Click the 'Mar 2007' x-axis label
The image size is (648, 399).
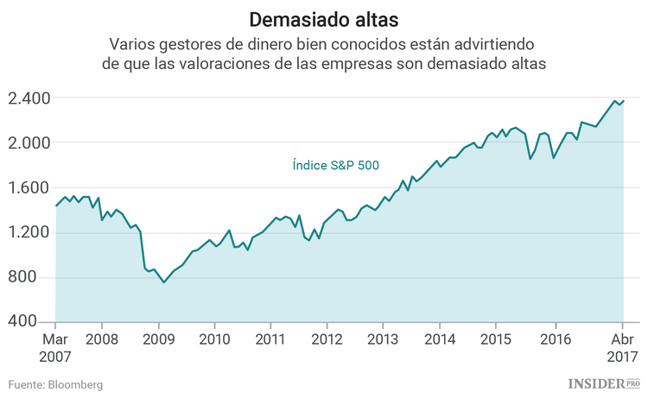click(55, 346)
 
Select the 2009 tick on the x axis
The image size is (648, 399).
click(157, 339)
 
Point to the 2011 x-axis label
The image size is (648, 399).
click(270, 339)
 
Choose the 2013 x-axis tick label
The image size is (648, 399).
click(383, 339)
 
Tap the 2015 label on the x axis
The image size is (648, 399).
click(496, 339)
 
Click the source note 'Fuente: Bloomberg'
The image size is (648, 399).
click(56, 384)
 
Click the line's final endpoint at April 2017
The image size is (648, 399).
click(623, 100)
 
